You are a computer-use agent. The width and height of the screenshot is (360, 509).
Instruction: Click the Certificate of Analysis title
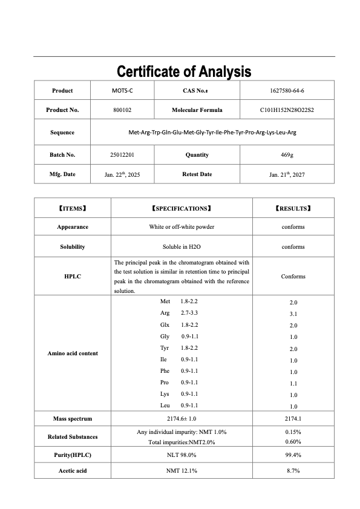(183, 71)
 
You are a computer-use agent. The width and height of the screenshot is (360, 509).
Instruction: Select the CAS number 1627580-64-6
(287, 91)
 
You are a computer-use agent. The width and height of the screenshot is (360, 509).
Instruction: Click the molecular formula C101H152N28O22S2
(287, 110)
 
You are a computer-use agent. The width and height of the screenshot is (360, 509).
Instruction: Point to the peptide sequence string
(212, 132)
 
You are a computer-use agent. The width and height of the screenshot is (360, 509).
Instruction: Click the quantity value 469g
(287, 155)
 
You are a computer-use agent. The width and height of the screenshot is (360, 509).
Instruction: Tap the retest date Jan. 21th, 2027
(287, 174)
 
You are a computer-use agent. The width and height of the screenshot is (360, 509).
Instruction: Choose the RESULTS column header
(293, 208)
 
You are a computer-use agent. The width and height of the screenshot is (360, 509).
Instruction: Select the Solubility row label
(73, 247)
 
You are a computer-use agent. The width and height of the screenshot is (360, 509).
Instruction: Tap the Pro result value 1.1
(293, 383)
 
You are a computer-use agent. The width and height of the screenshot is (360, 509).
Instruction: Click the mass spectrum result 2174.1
(293, 418)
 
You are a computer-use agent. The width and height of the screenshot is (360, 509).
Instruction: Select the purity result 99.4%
(293, 455)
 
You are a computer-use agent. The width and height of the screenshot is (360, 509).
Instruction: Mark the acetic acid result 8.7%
(293, 470)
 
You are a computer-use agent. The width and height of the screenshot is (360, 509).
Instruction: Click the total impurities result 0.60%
(293, 441)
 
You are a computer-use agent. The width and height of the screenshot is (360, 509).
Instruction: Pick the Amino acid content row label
(73, 353)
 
